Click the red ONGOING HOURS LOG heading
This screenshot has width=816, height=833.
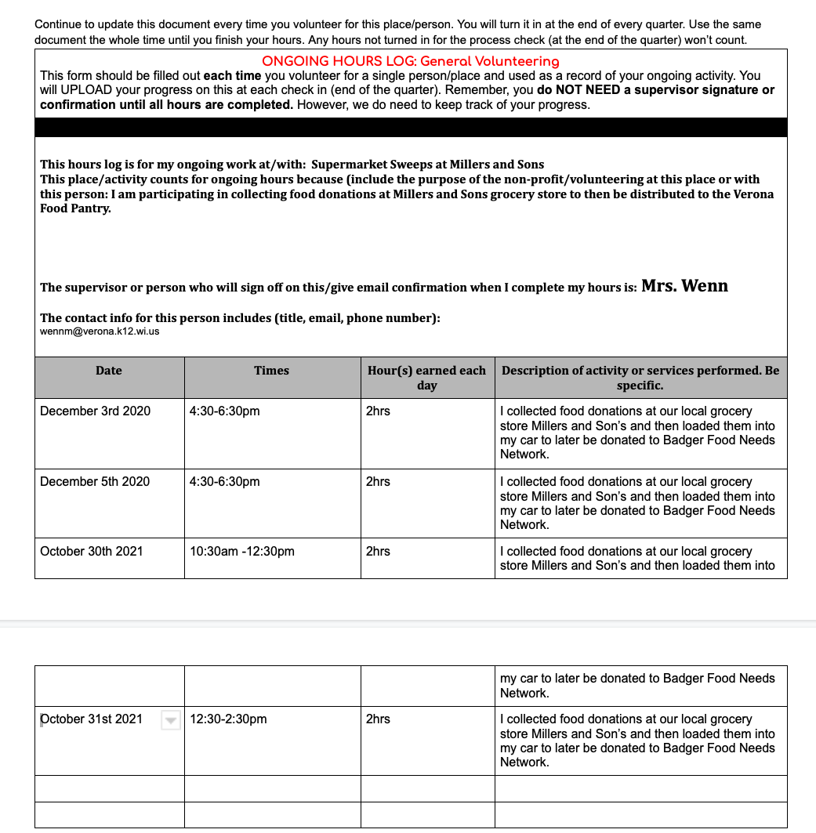point(410,61)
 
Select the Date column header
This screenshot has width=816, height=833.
point(109,371)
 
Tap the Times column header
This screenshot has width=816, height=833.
point(271,371)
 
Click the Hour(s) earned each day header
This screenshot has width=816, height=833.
point(426,378)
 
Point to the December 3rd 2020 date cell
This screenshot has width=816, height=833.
point(95,411)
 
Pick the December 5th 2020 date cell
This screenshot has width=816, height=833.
point(95,482)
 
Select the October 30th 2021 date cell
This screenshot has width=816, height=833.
point(92,552)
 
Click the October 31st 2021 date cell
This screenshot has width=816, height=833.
point(92,719)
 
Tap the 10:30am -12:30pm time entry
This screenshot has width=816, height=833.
point(242,552)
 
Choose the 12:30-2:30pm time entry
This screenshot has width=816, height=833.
point(228,719)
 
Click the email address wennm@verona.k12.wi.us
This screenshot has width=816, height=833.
point(100,331)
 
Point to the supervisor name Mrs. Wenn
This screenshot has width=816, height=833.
point(684,286)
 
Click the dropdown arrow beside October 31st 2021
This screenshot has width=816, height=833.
point(171,720)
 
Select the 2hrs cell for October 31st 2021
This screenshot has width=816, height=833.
point(378,719)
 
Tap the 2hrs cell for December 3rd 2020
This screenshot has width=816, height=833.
point(378,411)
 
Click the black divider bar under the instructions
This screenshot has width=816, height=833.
point(411,128)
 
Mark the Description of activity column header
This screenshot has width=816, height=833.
point(640,378)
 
